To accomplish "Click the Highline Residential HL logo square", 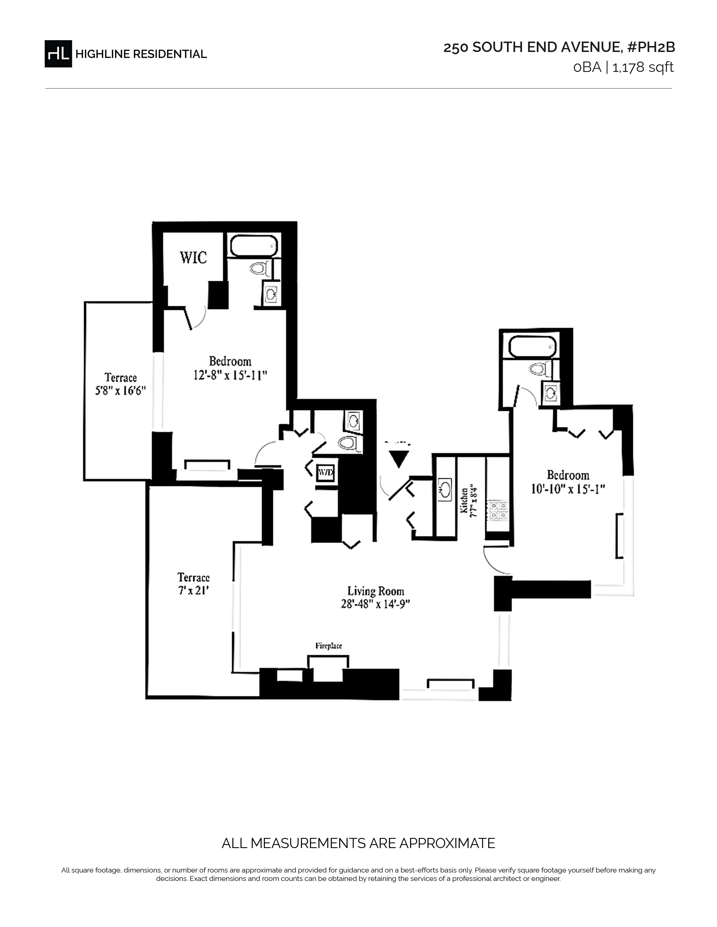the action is pyautogui.click(x=58, y=54).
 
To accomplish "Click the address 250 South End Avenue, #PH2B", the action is pyautogui.click(x=559, y=47).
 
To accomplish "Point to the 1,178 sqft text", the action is pyautogui.click(x=643, y=67).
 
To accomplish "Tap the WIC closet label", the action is pyautogui.click(x=193, y=257).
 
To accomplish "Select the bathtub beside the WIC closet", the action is pyautogui.click(x=254, y=246).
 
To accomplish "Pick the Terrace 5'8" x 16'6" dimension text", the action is pyautogui.click(x=120, y=390).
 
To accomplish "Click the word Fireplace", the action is pyautogui.click(x=329, y=646).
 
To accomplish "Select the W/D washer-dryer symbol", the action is pyautogui.click(x=326, y=472).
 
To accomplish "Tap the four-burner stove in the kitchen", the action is pyautogui.click(x=498, y=511).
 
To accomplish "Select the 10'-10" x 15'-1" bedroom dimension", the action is pyautogui.click(x=568, y=489).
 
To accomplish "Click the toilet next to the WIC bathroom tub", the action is pyautogui.click(x=259, y=269).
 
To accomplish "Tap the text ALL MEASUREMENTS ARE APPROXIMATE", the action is pyautogui.click(x=358, y=843).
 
